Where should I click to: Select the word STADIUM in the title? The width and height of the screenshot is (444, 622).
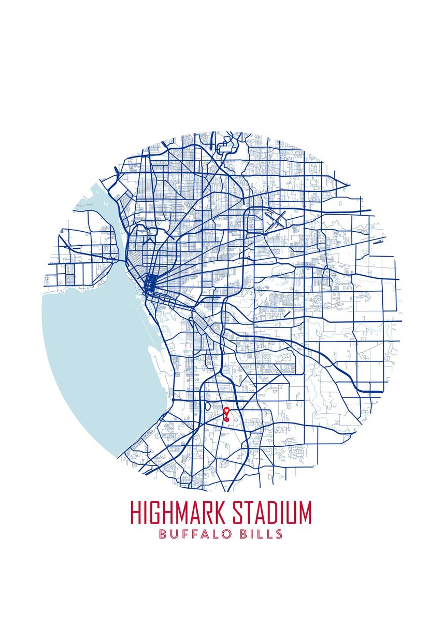coord(271,513)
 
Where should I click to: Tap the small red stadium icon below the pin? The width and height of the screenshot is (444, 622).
coord(226,418)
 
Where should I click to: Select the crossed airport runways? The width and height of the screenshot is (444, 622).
coord(275,220)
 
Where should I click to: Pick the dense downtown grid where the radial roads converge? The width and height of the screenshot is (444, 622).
coord(150,284)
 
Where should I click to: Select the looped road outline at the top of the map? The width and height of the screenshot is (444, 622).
coord(226,147)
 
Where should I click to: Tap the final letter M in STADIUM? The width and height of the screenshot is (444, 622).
coord(305,513)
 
